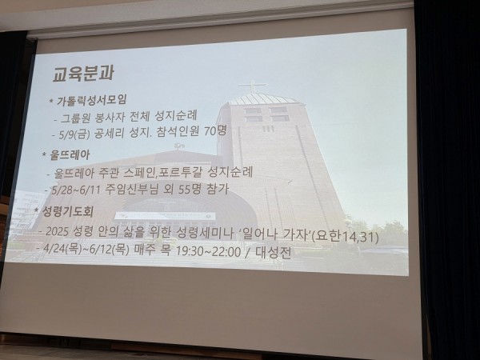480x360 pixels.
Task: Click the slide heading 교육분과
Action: coord(83,73)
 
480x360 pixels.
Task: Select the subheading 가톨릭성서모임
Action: coord(91,100)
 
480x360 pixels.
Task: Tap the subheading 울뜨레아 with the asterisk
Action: coord(66,155)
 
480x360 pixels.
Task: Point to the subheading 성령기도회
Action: coord(64,211)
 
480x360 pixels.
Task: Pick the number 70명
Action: coord(215,131)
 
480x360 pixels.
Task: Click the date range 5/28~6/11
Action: coord(76,189)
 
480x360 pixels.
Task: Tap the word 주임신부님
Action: coord(132,189)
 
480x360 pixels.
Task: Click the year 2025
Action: coord(58,231)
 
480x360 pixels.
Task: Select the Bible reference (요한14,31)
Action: coord(345,236)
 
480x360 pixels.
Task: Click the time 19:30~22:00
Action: coord(208,251)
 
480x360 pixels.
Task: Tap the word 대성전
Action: coord(273,253)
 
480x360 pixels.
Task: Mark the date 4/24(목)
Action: coord(62,248)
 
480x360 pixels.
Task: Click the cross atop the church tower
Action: coord(253,86)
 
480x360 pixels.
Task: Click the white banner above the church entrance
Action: coord(166,215)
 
